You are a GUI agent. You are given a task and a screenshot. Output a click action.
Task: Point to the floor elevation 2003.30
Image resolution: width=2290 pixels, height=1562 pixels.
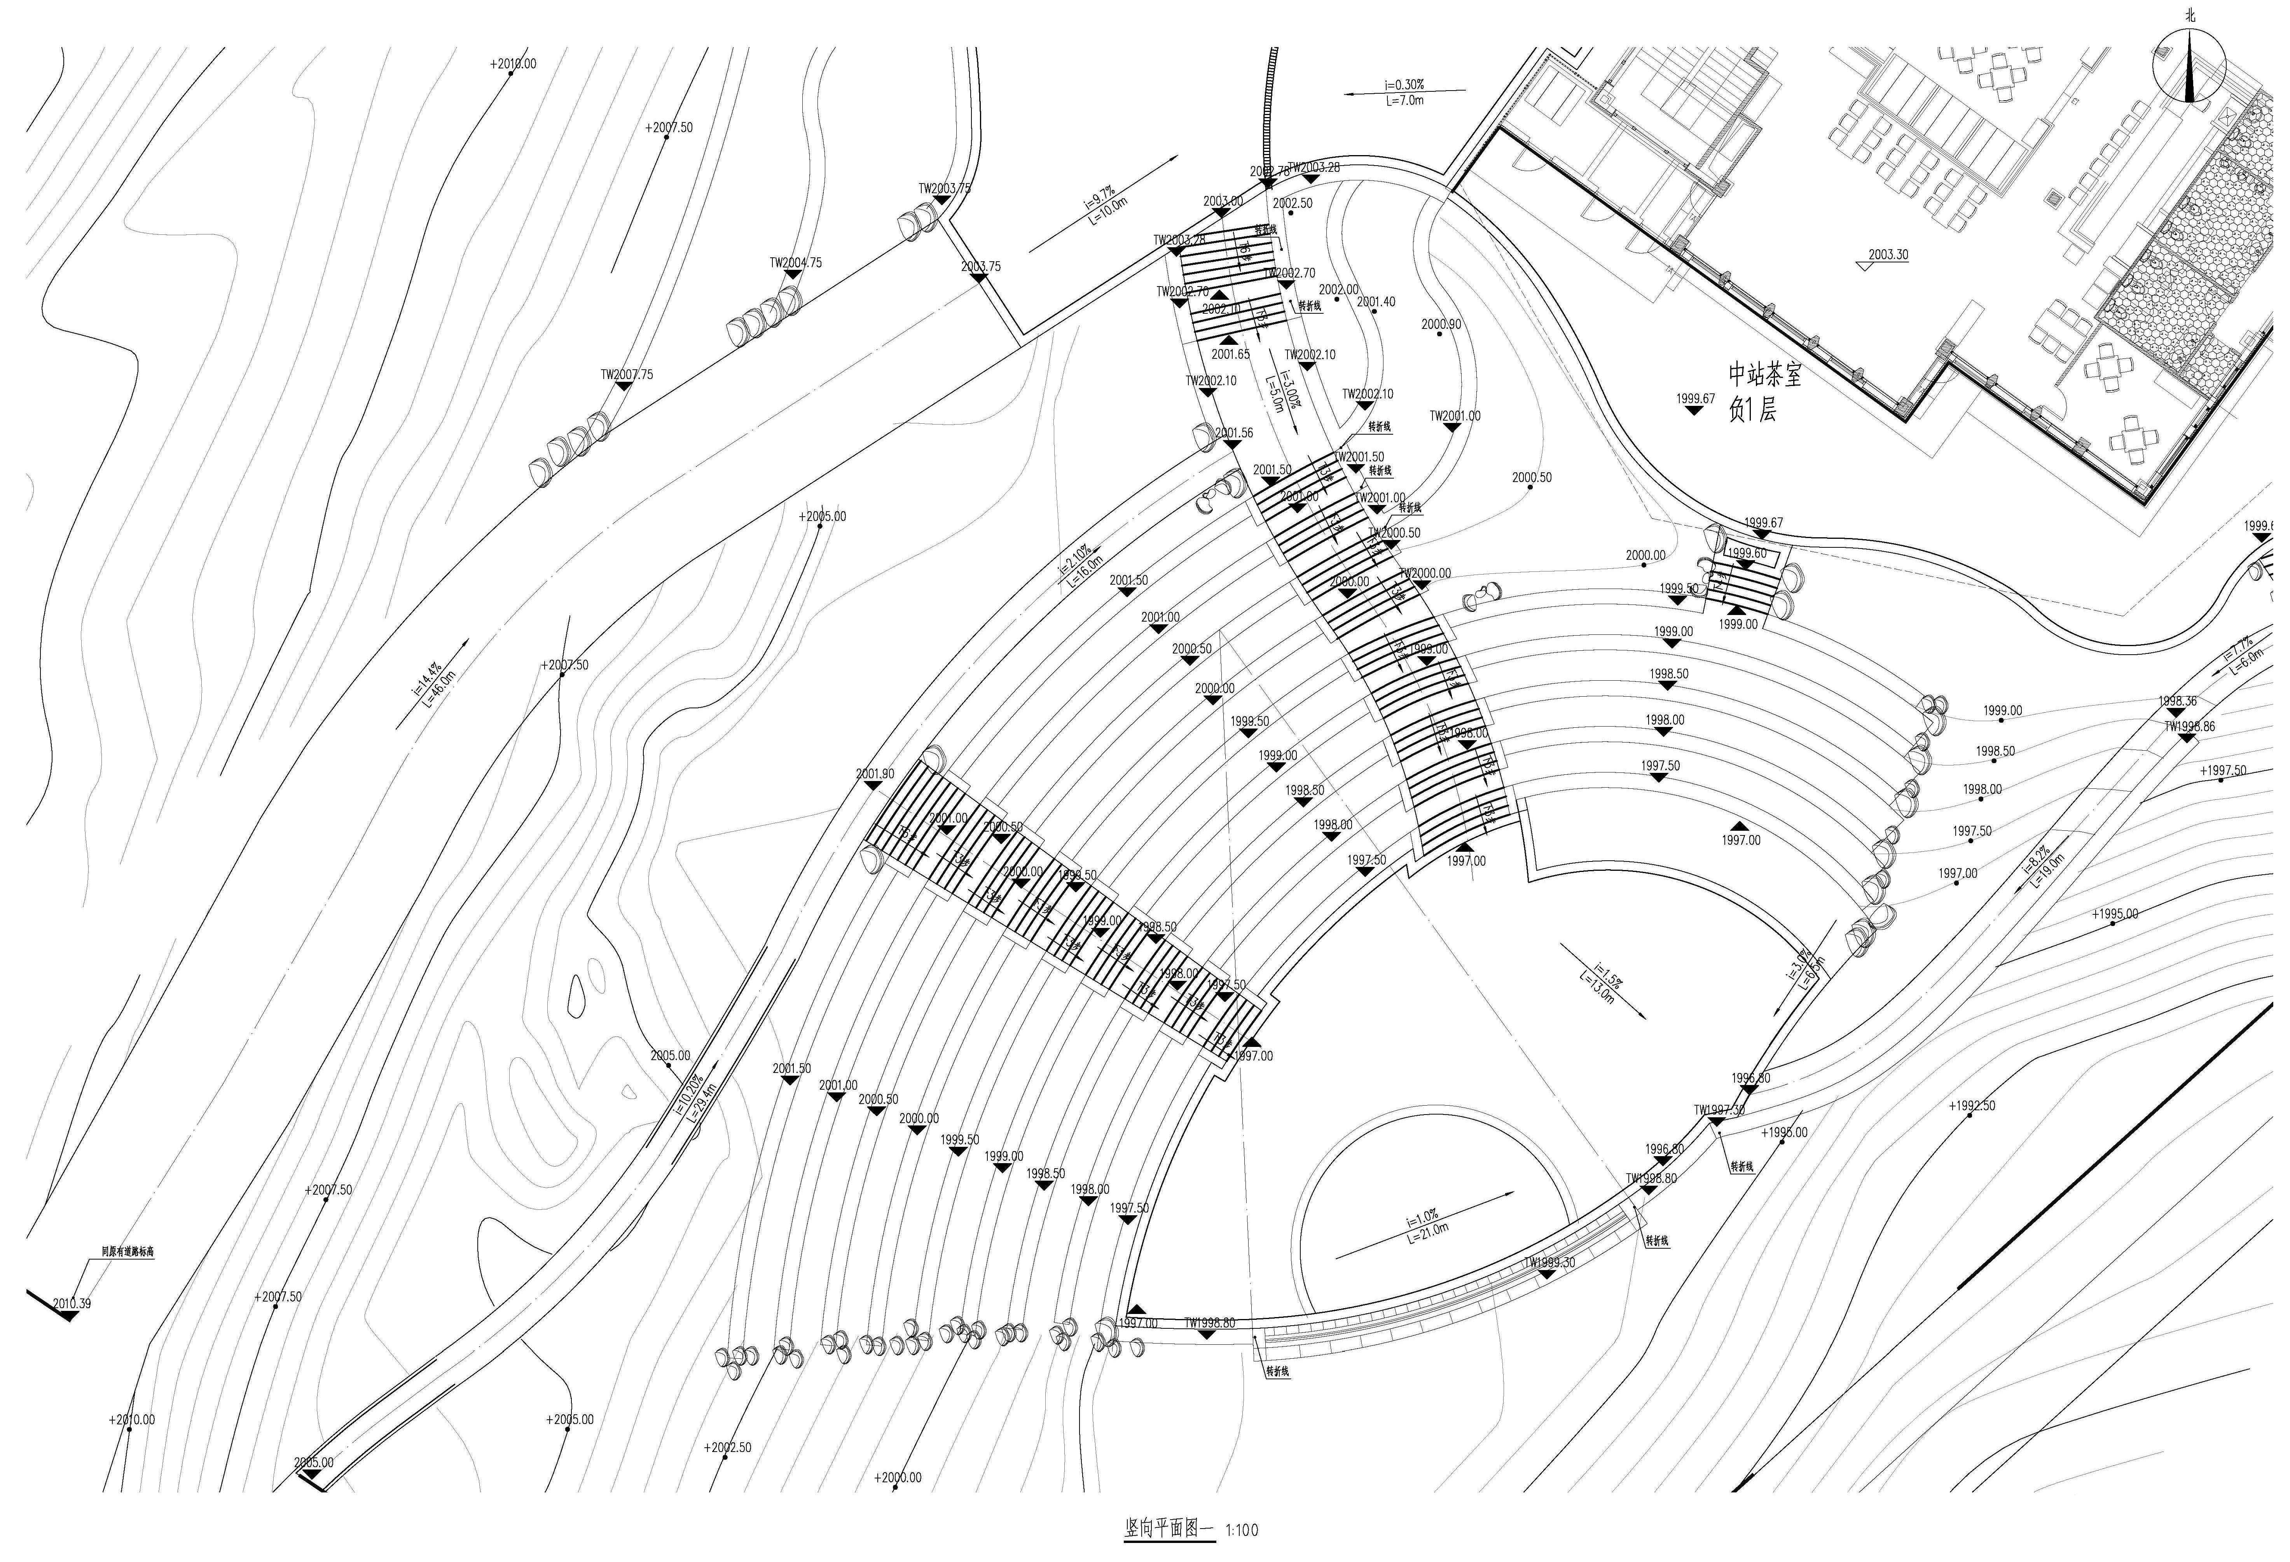tap(1887, 254)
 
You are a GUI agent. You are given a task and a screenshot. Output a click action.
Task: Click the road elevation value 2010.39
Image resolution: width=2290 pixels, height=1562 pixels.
tap(71, 1304)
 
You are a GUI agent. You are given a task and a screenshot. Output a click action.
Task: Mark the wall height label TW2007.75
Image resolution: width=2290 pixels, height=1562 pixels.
tap(627, 374)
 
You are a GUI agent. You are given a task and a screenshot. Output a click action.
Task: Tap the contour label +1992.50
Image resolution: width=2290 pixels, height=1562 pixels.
tap(1971, 1106)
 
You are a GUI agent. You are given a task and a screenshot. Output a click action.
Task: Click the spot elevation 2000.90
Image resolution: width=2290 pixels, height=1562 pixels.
tap(1441, 324)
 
